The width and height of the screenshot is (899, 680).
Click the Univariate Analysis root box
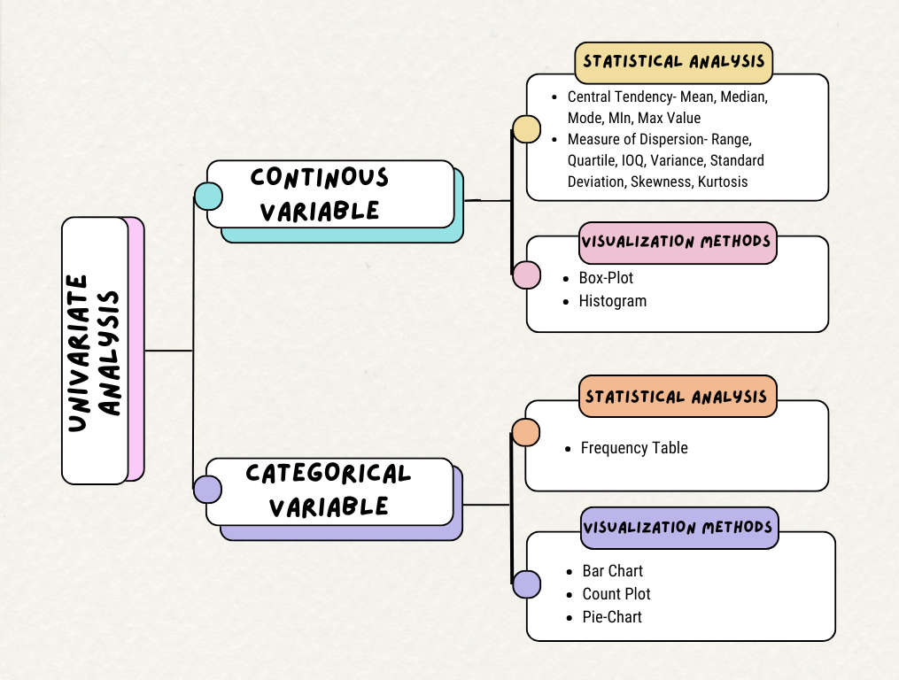pyautogui.click(x=96, y=351)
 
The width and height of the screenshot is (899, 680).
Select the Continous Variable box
pyautogui.click(x=329, y=194)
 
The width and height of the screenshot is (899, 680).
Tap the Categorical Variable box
pyautogui.click(x=329, y=491)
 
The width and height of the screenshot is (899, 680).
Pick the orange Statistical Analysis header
pyautogui.click(x=678, y=396)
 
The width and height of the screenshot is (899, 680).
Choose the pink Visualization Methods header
pyautogui.click(x=678, y=242)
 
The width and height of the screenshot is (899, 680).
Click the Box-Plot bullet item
pyautogui.click(x=606, y=278)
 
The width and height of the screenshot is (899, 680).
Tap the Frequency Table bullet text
pyautogui.click(x=634, y=448)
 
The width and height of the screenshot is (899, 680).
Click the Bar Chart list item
pyautogui.click(x=612, y=571)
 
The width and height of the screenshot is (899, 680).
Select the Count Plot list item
pyautogui.click(x=616, y=594)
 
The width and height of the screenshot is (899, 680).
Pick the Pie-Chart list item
pyautogui.click(x=612, y=617)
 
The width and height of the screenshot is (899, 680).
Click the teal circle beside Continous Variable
pyautogui.click(x=208, y=196)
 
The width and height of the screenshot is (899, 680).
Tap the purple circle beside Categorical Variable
pyautogui.click(x=208, y=490)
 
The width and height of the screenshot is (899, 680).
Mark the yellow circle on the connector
pyautogui.click(x=527, y=129)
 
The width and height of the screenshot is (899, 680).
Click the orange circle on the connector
pyautogui.click(x=526, y=432)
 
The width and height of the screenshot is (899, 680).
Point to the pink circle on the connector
pyautogui.click(x=527, y=275)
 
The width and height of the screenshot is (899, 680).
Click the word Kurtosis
pyautogui.click(x=723, y=182)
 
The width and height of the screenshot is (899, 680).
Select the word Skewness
pyautogui.click(x=664, y=182)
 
